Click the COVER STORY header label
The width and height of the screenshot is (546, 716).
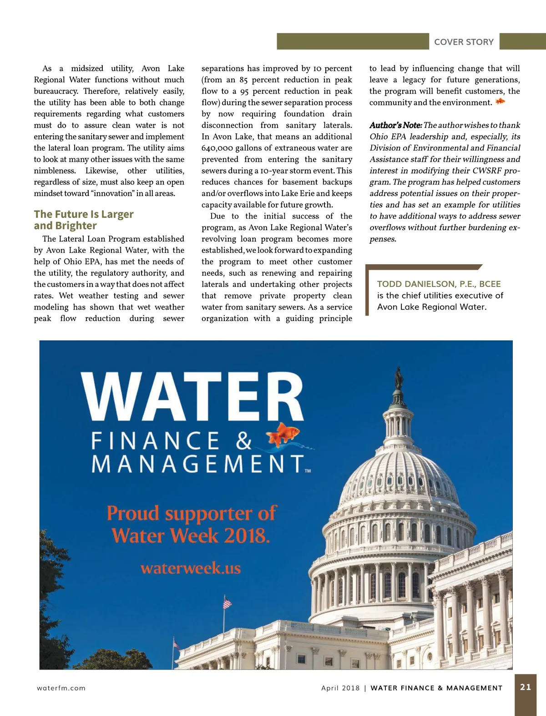click(x=464, y=42)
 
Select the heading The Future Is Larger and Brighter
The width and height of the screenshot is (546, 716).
click(x=84, y=220)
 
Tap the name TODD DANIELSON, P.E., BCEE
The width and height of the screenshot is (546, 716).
click(x=439, y=284)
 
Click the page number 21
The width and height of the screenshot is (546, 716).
click(x=526, y=687)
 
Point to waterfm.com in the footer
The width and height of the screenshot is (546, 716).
click(x=61, y=688)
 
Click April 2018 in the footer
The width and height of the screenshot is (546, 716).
click(x=340, y=688)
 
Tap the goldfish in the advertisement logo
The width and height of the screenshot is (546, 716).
click(x=283, y=434)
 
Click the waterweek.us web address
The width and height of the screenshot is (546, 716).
click(x=191, y=568)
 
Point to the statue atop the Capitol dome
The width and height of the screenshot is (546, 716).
click(x=399, y=377)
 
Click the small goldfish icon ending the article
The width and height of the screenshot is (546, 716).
click(x=500, y=101)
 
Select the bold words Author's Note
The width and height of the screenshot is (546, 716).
click(x=395, y=125)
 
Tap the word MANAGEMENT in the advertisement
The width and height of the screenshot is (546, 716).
click(x=198, y=465)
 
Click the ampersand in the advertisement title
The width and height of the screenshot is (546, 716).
click(x=244, y=441)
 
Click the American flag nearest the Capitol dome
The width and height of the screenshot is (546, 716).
click(x=227, y=604)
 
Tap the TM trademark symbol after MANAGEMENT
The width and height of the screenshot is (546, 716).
click(x=308, y=471)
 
